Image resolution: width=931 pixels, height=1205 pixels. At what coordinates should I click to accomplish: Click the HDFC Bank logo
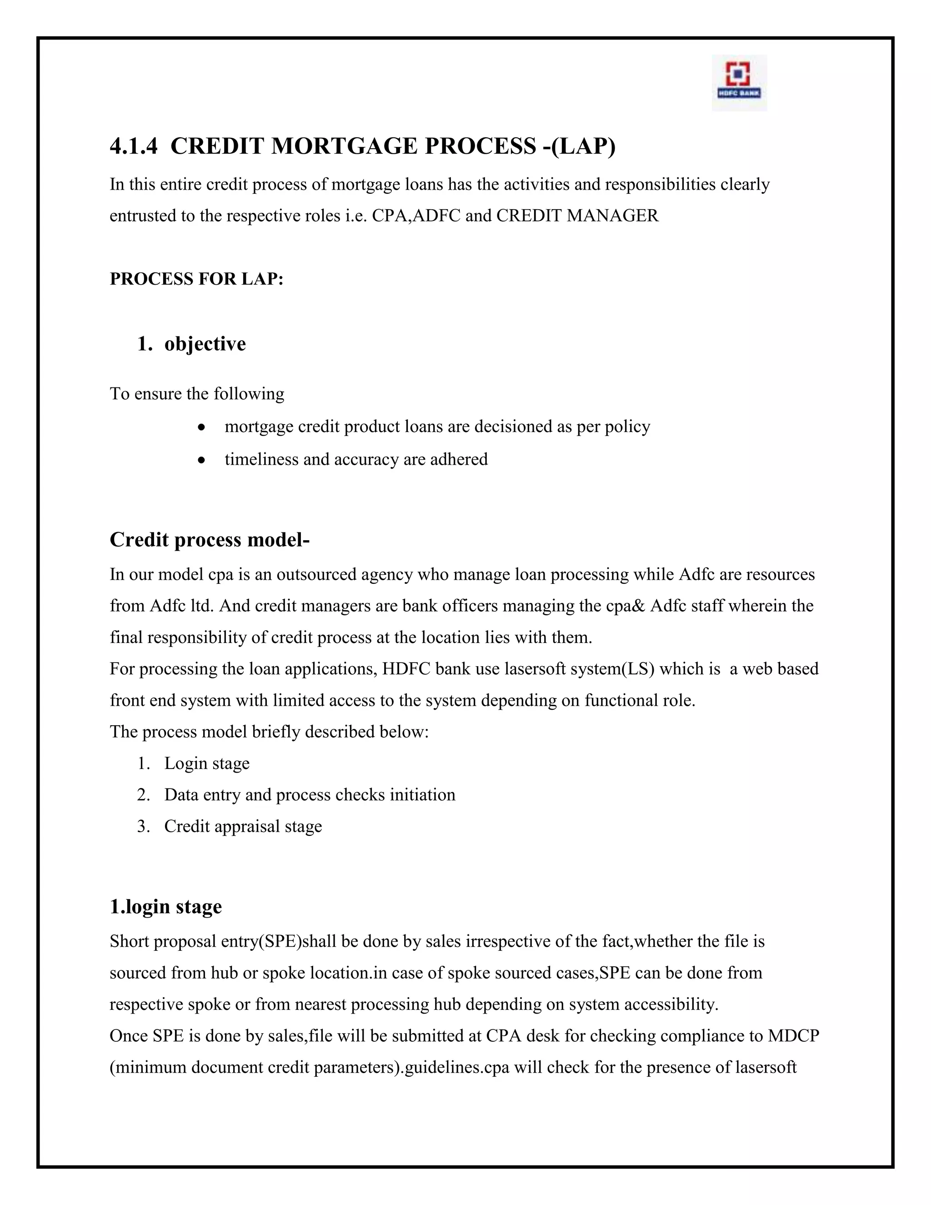(739, 82)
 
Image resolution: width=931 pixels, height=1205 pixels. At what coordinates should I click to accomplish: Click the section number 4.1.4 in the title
(134, 146)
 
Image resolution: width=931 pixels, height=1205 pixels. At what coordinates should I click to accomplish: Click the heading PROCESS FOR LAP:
(196, 279)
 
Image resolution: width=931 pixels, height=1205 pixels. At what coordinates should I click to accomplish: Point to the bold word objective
(205, 344)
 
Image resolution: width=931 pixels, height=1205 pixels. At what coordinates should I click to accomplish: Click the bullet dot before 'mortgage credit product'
(202, 427)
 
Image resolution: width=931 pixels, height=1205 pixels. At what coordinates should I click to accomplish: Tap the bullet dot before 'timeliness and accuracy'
(202, 460)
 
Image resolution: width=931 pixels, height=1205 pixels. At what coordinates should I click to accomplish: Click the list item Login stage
(206, 763)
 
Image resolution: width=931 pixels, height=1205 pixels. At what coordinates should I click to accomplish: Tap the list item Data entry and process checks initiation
(310, 794)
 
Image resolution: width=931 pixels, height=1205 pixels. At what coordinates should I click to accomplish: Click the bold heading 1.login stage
(165, 907)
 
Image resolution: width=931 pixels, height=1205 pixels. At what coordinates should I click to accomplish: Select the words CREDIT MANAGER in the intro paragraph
(577, 215)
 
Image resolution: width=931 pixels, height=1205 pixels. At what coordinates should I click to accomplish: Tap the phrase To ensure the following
(197, 393)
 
